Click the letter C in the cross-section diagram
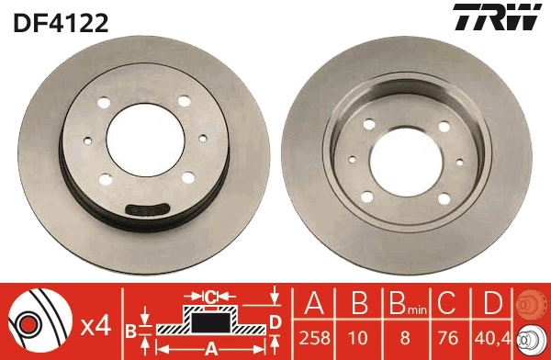point(210,297)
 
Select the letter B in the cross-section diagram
point(130,329)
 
